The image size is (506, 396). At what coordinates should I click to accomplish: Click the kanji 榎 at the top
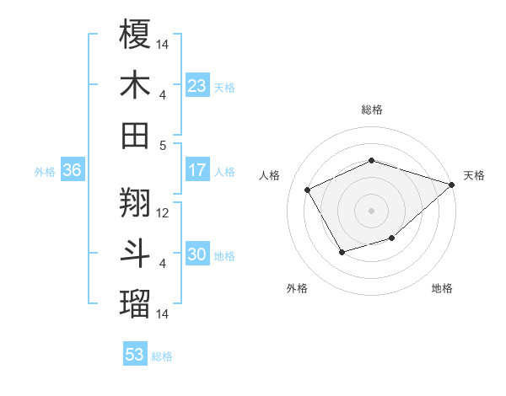click(135, 35)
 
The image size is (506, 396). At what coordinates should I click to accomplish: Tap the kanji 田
click(135, 135)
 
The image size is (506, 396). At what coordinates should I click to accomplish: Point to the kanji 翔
click(135, 202)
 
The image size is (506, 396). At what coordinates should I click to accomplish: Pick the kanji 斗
click(135, 253)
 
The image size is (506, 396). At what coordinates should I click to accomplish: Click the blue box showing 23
click(197, 86)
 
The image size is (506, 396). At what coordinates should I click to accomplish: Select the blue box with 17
click(197, 170)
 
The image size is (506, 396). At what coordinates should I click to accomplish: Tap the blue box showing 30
click(197, 254)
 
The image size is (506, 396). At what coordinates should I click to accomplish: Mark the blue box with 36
click(72, 170)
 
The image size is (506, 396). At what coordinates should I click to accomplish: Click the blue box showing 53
click(135, 355)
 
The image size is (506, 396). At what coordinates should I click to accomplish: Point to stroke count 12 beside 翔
click(164, 212)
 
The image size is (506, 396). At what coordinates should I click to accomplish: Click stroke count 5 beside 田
click(163, 145)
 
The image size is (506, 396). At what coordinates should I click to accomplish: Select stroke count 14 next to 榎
click(164, 44)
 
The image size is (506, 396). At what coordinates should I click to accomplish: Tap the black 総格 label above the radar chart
click(371, 110)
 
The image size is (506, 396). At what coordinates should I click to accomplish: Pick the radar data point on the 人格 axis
click(307, 190)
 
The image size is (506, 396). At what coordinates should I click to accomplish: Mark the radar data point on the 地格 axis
click(392, 239)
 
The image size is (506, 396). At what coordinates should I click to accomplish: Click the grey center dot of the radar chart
click(371, 210)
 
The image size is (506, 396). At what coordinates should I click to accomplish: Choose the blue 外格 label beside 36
click(45, 171)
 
